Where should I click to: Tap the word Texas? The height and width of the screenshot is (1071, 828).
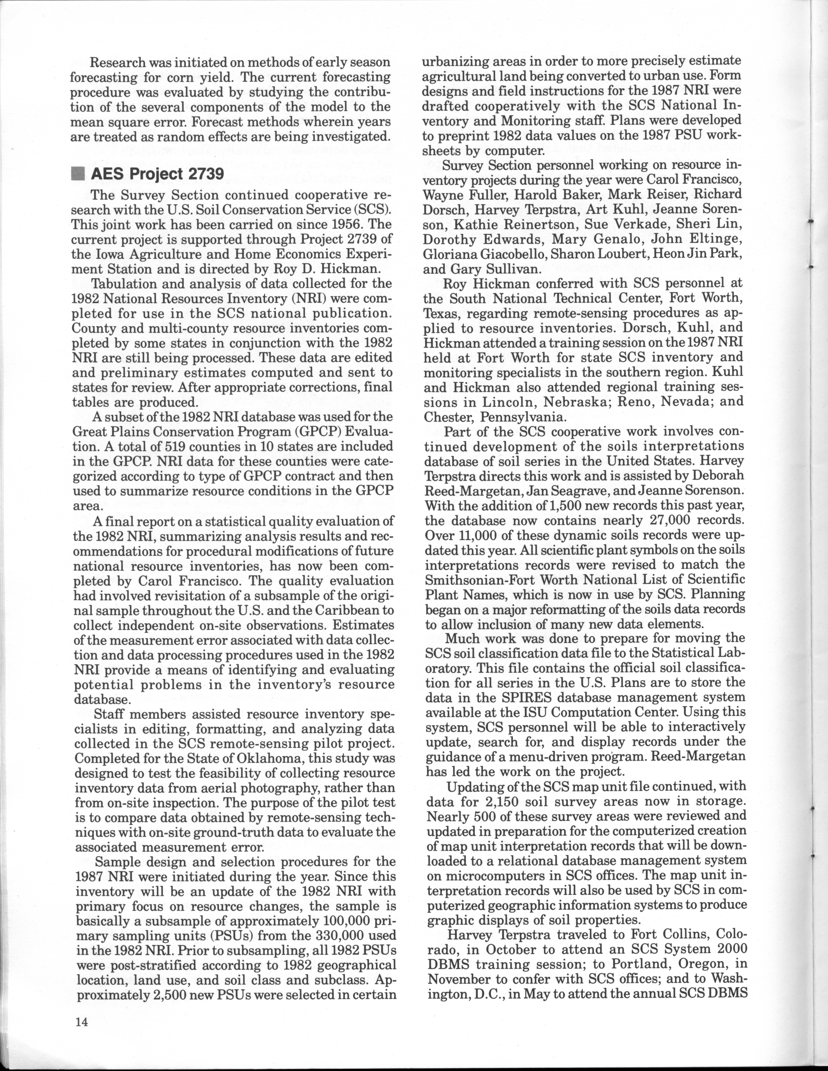pos(440,313)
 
